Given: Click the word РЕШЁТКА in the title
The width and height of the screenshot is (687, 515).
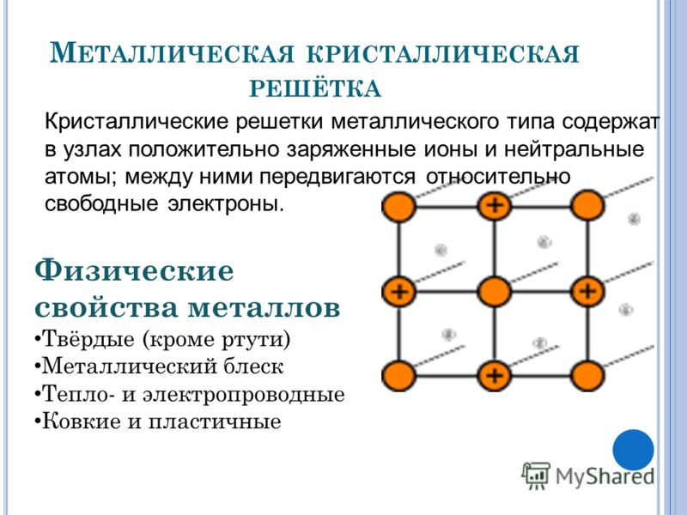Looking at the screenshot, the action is point(315,88).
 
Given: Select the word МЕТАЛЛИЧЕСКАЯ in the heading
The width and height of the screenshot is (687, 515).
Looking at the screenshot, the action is point(171,53).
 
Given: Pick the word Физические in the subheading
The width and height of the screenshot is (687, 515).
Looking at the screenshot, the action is point(134,271).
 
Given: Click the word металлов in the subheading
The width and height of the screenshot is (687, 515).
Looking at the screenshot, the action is point(264,307).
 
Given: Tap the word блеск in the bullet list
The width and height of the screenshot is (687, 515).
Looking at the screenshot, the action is point(253,367).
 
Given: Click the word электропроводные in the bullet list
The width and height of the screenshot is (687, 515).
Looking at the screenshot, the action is point(244,395).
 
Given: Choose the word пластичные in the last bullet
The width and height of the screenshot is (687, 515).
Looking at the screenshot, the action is point(214,422).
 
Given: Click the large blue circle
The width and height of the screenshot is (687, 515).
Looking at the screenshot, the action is point(633,450).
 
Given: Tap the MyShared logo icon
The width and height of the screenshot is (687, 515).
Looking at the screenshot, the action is point(535,476).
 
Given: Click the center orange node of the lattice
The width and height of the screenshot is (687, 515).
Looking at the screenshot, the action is point(495,291).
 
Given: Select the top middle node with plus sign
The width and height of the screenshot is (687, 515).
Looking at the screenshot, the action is point(495,205).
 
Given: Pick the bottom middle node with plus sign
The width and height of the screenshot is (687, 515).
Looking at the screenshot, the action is point(495,375).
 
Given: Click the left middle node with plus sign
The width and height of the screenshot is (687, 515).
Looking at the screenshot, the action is point(398,291).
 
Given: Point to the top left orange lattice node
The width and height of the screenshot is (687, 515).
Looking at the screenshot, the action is point(398,206).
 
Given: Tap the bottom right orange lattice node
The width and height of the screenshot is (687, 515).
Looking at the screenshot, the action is point(587,375).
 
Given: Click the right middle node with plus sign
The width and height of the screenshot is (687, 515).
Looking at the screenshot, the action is point(587,291).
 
